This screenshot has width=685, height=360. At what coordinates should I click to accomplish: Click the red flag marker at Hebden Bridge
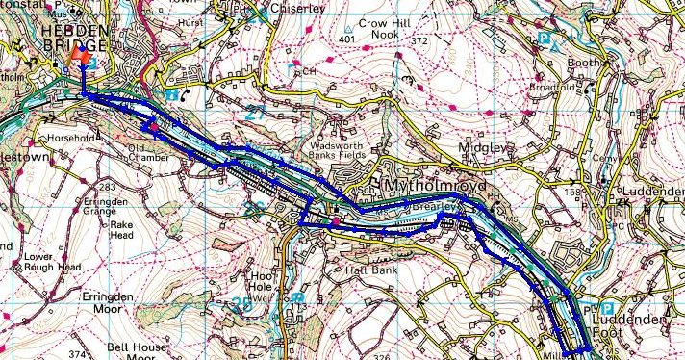tap(82, 58)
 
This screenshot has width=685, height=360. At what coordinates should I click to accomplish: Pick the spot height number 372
tap(418, 41)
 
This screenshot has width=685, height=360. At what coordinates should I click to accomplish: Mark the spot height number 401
tap(347, 39)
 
